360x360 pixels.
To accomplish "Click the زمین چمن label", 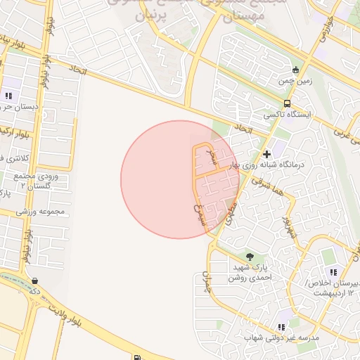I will coord(295,82).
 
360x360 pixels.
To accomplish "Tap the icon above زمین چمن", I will coord(295,70).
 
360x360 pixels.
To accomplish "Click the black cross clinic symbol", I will coord(266,153).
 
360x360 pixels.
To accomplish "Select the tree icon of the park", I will coord(250,255).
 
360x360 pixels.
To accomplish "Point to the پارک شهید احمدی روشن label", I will coord(249,272).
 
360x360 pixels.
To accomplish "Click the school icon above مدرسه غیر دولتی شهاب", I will coord(281,327).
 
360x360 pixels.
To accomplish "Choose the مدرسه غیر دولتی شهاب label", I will coord(282,338).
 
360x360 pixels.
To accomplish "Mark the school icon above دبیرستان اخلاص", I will coord(333,272).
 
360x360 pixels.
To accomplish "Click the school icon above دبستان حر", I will coord(8,95).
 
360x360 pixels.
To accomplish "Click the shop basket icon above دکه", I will coord(35,281).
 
